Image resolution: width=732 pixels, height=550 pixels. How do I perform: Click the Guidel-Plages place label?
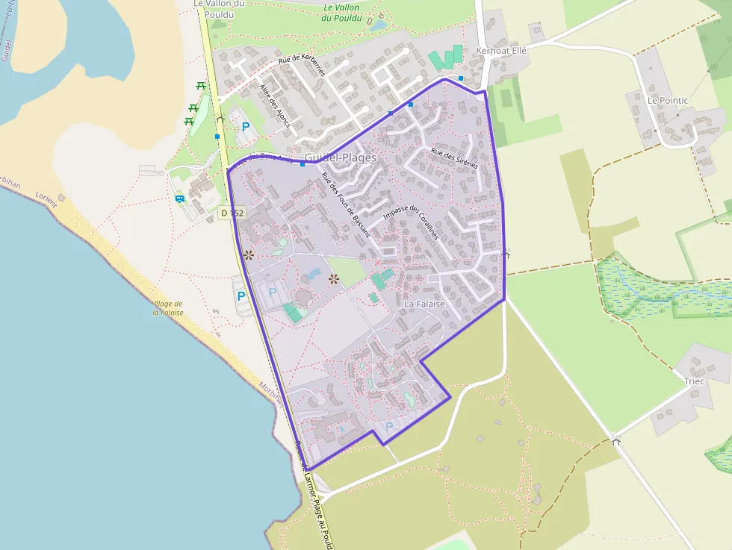341,158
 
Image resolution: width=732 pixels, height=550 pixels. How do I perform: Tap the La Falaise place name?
424,304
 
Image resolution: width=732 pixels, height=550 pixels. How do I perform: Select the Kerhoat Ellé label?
501,51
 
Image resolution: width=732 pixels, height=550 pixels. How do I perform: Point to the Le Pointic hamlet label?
668,100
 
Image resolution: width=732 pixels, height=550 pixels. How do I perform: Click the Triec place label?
694,381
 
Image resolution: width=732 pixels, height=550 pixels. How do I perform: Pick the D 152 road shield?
233,213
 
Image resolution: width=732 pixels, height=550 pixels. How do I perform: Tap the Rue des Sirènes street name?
454,158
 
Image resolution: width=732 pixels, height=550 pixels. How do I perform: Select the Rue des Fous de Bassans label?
345,204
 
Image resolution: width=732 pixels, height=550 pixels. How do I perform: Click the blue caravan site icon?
180,198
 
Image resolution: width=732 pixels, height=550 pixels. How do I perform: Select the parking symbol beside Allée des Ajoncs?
246,127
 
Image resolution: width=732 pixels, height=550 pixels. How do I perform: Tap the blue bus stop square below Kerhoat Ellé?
461,78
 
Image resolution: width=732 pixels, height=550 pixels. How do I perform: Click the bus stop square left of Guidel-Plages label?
302,164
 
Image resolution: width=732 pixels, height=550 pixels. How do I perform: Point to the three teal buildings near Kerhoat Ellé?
447,58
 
